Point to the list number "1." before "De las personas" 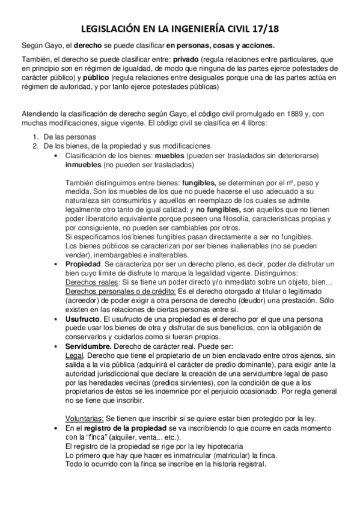(36, 137)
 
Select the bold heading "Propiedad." (84, 265)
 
